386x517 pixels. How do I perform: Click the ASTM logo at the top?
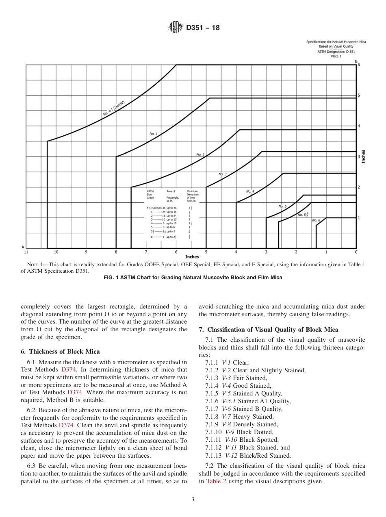176,28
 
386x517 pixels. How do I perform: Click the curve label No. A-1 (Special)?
113,109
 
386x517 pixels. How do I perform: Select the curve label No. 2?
200,155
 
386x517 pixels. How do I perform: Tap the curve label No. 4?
250,191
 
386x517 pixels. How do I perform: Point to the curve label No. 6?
316,220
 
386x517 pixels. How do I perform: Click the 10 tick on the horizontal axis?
56,252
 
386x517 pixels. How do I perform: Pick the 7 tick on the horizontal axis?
146,252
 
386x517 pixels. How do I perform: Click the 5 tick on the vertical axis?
359,96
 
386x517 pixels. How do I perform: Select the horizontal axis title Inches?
192,257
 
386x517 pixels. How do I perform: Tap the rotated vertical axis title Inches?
364,156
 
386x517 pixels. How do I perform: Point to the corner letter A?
23,247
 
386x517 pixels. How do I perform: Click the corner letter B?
356,61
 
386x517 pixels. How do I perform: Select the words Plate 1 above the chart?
336,56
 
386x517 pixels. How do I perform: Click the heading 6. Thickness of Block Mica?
60,352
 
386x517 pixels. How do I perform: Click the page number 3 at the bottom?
193,500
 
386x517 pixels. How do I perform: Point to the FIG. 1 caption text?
193,278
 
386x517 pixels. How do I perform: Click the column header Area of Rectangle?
171,196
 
